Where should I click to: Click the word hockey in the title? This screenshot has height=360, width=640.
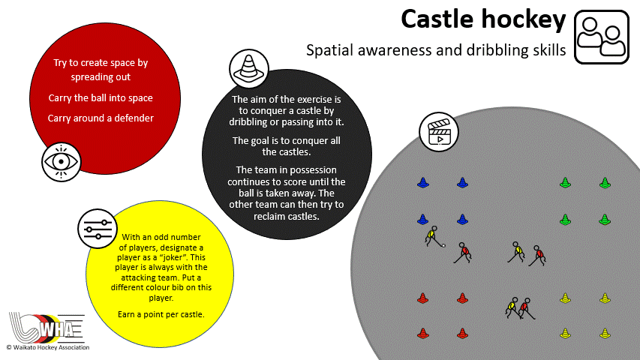(x=523, y=19)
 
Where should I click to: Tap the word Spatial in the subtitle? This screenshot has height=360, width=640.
(x=329, y=51)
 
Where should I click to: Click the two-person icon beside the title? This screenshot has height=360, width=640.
(x=602, y=37)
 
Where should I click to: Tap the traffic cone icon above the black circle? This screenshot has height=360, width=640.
(x=248, y=68)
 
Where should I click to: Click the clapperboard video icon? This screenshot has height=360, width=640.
(x=439, y=132)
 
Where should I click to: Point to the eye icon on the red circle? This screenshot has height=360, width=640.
(x=62, y=162)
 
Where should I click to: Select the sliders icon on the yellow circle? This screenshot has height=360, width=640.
(x=98, y=229)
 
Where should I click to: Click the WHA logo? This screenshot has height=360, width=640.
(x=47, y=328)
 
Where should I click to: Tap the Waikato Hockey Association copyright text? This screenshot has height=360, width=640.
(x=48, y=348)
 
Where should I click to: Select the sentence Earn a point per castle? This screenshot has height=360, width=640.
(x=161, y=315)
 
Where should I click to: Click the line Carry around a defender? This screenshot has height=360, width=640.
(x=101, y=118)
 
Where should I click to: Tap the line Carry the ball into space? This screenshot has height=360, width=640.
(x=101, y=98)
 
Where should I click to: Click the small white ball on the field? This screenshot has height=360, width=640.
(x=443, y=245)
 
